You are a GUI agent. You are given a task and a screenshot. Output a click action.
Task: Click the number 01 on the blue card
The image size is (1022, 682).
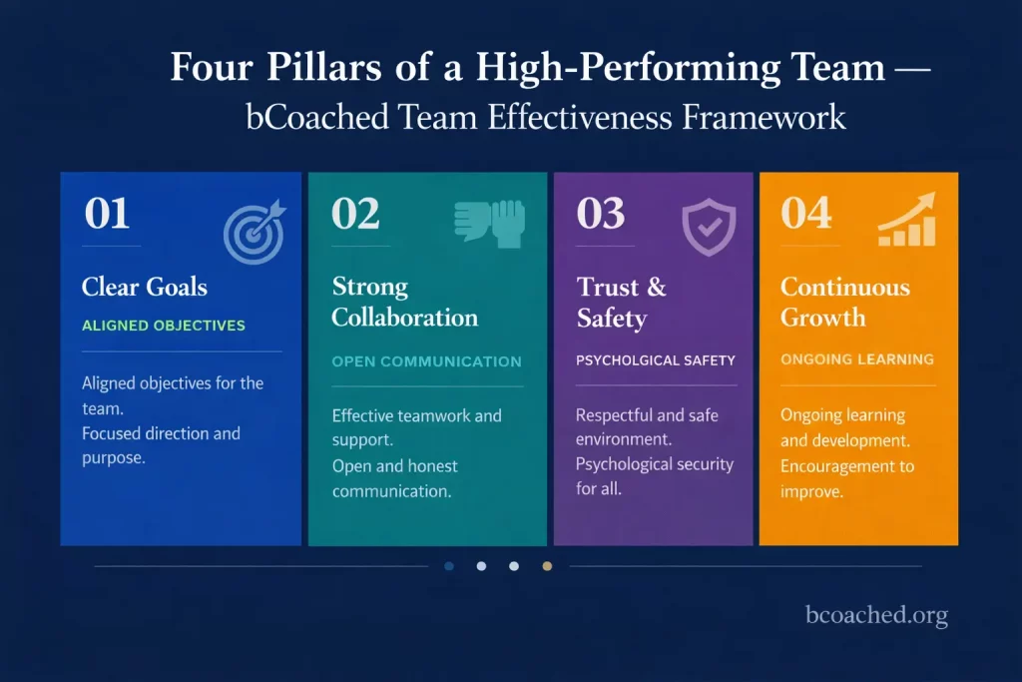coord(107,215)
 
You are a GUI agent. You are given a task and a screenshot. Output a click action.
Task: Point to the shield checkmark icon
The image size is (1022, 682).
coord(708,227)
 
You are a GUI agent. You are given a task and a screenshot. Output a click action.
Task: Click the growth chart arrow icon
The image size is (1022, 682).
coord(907,221)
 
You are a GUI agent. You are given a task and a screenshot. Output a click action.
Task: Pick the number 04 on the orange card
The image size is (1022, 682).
coord(806,215)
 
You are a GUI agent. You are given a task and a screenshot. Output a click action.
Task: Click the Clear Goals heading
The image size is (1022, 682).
coord(145,288)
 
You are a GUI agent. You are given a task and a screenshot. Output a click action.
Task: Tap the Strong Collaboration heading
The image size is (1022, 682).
coord(404,303)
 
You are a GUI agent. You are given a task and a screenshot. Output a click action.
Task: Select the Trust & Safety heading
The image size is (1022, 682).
coord(621,303)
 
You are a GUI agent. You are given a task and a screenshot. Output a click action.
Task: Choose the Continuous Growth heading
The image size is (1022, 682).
coord(844,303)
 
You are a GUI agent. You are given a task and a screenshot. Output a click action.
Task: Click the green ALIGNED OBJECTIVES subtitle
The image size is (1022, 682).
coord(164,326)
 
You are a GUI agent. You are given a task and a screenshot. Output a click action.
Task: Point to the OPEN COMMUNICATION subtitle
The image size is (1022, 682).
coord(426,361)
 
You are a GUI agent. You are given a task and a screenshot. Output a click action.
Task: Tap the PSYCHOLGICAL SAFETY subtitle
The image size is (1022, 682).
coord(656,360)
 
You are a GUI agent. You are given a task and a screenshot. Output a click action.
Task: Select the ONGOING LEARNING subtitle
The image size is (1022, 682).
coord(857,359)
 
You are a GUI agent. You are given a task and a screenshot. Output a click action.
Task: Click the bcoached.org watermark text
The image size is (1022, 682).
coord(876,616)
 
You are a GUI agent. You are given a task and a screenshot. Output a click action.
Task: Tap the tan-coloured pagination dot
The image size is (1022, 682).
coord(546,566)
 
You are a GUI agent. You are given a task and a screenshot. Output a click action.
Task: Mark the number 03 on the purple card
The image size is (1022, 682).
coord(602,215)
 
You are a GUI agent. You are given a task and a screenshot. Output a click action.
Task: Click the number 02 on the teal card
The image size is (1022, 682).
coord(356,215)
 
